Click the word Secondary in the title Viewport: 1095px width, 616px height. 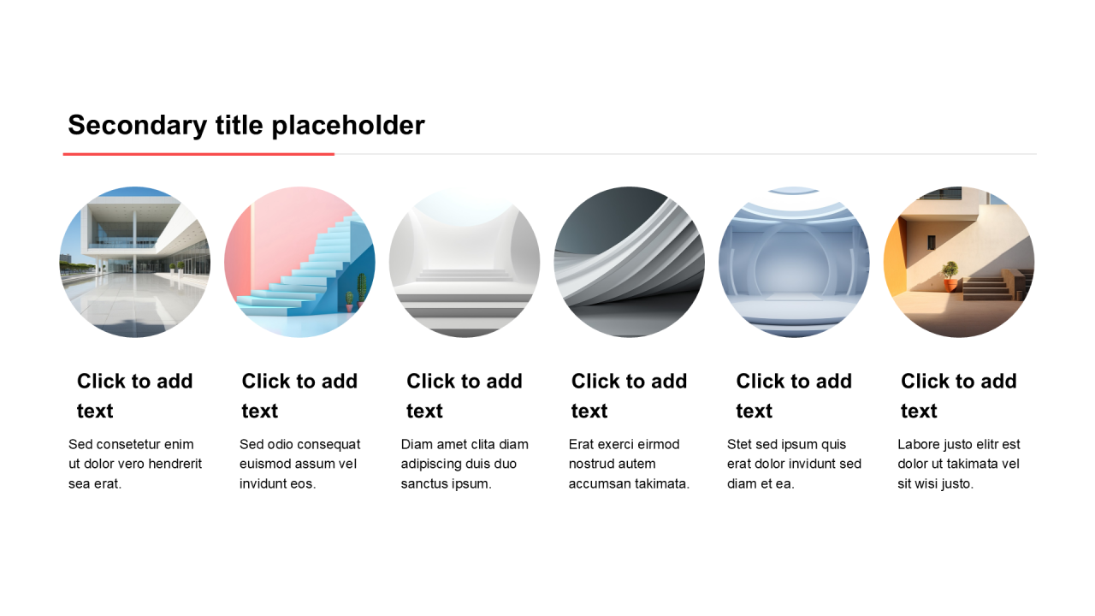[138, 126]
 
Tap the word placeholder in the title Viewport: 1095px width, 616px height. [348, 126]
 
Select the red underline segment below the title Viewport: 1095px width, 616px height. [198, 154]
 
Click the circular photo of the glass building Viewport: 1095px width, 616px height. [135, 262]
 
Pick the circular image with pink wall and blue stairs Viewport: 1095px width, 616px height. [299, 262]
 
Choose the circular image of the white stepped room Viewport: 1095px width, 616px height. [465, 262]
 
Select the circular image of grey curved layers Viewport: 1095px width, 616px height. [629, 262]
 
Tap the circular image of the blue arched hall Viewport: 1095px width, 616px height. [794, 262]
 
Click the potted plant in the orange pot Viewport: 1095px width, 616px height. [950, 276]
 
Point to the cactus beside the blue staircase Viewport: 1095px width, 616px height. [361, 288]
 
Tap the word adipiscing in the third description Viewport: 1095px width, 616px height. [429, 465]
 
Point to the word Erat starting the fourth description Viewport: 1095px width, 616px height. [581, 444]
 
